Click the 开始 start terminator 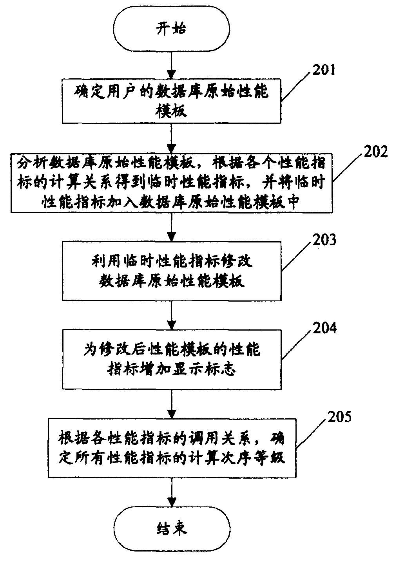pos(172,29)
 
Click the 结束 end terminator pos(172,528)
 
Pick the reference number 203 pos(323,239)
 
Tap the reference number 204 pos(324,328)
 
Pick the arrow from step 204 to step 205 pos(172,403)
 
